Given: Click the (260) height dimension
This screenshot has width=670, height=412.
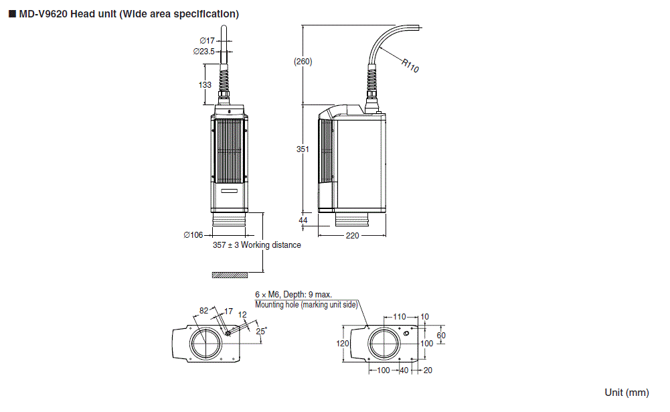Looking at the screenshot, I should click(303, 62).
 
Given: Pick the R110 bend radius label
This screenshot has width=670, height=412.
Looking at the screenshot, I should click(410, 66).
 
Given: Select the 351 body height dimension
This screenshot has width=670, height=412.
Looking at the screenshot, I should click(303, 149).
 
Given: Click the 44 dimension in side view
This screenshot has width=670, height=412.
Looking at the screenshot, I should click(303, 220).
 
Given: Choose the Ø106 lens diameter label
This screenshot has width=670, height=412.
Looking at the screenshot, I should click(193, 235).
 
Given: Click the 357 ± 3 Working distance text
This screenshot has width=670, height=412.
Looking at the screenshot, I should click(256, 245).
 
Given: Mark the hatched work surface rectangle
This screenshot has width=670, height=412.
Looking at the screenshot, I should click(230, 275).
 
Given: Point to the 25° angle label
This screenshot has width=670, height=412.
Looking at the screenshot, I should click(260, 332).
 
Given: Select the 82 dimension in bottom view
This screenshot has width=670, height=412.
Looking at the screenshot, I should click(203, 311).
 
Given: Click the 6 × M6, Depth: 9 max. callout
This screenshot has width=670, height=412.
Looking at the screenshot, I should click(293, 295).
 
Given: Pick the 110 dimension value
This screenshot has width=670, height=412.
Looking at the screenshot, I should click(399, 316).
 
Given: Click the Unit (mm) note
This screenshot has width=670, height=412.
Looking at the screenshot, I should click(626, 393).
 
